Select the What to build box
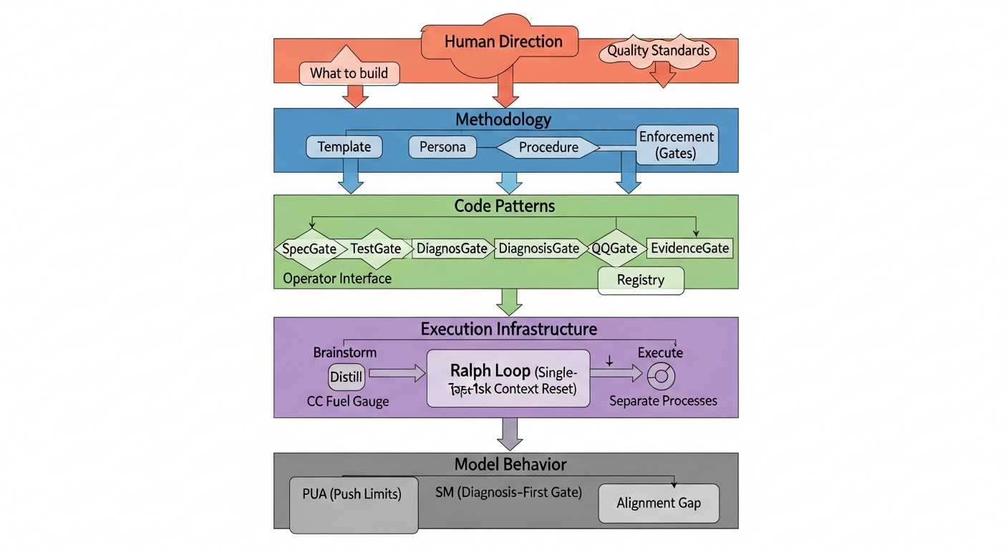(349, 73)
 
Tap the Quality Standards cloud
(658, 52)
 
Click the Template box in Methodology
(344, 147)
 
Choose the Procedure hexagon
(548, 148)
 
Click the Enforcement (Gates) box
(677, 145)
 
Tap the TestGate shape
(375, 249)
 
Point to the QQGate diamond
(614, 249)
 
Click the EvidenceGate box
(689, 249)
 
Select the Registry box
(641, 280)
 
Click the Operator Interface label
(337, 279)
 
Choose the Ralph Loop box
(508, 379)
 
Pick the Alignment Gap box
(658, 503)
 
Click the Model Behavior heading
(505, 464)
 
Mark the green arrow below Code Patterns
(508, 301)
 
